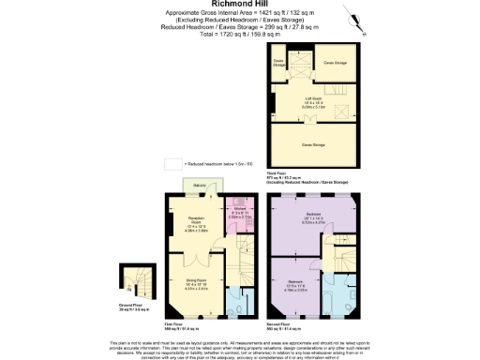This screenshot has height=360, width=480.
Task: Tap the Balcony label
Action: click(200, 185)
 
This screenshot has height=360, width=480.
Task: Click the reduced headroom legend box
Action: click(172, 163)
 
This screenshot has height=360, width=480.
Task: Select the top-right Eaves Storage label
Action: click(335, 63)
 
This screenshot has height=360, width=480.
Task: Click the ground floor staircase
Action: click(131, 278)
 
